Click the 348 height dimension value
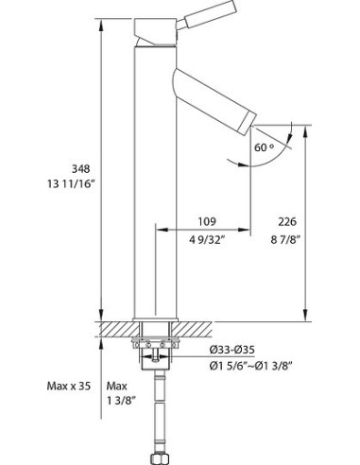click(81, 169)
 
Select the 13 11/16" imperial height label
click(71, 183)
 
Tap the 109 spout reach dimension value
click(207, 221)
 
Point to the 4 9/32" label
click(208, 240)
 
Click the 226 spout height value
click(287, 222)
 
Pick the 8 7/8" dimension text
click(285, 240)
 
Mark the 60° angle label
click(264, 147)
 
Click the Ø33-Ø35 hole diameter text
click(232, 350)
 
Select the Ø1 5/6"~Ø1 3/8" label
click(251, 366)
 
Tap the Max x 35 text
click(69, 386)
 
